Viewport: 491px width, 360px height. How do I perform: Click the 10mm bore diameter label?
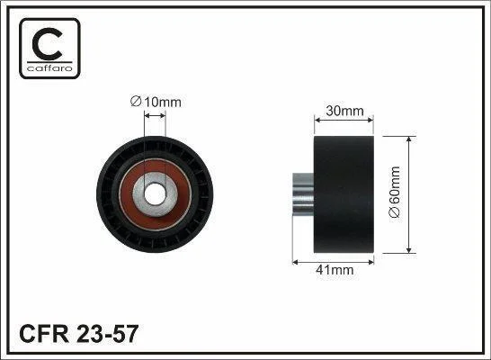click(x=156, y=102)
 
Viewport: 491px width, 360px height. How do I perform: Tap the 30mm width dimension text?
click(x=344, y=111)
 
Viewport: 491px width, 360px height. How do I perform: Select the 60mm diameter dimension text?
click(x=394, y=192)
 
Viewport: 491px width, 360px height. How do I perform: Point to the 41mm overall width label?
click(x=335, y=270)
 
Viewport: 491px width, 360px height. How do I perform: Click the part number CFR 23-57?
click(x=79, y=334)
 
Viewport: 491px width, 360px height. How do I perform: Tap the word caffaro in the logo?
click(x=49, y=67)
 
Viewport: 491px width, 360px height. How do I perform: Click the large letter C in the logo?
click(x=47, y=44)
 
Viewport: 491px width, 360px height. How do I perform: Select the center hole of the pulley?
click(x=156, y=194)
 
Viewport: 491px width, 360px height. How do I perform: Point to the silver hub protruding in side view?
click(x=303, y=194)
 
